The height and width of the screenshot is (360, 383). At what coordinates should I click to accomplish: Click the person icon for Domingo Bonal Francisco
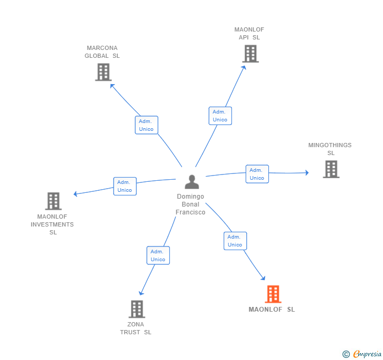click(x=192, y=182)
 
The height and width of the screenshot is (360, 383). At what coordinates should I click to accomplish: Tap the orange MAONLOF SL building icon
click(x=273, y=294)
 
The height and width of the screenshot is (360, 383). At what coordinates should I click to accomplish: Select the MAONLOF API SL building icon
click(x=250, y=54)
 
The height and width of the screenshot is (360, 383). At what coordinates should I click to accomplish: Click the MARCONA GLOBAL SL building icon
click(x=103, y=72)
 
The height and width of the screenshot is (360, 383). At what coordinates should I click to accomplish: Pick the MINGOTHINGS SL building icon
click(x=331, y=169)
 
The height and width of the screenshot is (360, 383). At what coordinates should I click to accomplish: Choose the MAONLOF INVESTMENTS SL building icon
click(x=53, y=201)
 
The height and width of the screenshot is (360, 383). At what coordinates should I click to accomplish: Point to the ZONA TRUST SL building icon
click(x=137, y=309)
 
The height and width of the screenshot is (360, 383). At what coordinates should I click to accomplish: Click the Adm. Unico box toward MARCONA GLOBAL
click(x=146, y=125)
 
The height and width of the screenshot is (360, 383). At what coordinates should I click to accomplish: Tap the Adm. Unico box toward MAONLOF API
click(x=220, y=116)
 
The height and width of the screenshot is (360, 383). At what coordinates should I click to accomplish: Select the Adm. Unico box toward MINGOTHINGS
click(x=257, y=174)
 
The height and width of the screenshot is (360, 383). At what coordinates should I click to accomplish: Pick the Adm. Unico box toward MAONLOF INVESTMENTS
click(x=125, y=186)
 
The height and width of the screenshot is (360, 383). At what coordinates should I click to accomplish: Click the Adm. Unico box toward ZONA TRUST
click(x=158, y=255)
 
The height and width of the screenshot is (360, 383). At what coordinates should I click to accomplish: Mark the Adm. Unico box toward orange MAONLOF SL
click(x=235, y=241)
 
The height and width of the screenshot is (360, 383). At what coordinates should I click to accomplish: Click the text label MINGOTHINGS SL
click(x=330, y=149)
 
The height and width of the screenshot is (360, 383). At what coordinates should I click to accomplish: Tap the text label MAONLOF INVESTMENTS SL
click(x=52, y=224)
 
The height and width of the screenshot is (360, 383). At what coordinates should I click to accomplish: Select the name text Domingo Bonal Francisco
click(x=190, y=204)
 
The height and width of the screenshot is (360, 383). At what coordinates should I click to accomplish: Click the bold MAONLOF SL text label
click(x=271, y=310)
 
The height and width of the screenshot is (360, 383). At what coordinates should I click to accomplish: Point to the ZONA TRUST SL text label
click(x=135, y=328)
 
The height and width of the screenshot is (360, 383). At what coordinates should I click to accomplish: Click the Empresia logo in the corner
click(x=362, y=354)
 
